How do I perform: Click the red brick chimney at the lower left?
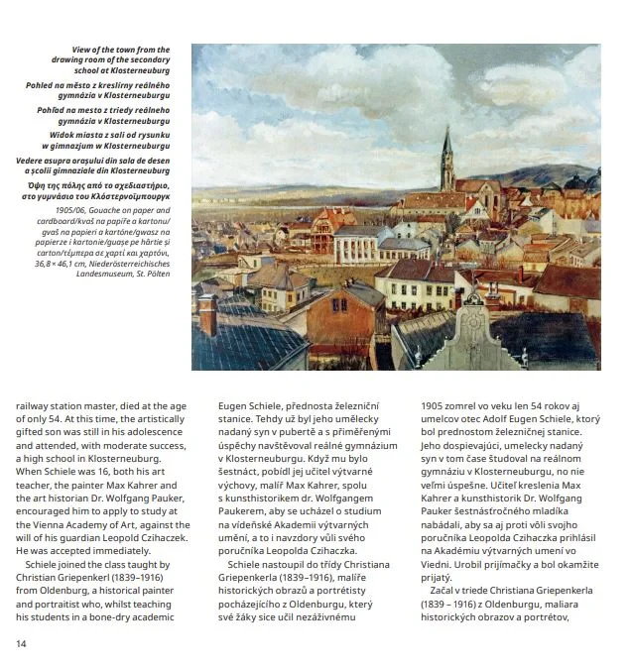[207, 315]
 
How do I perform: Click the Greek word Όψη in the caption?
[61, 185]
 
